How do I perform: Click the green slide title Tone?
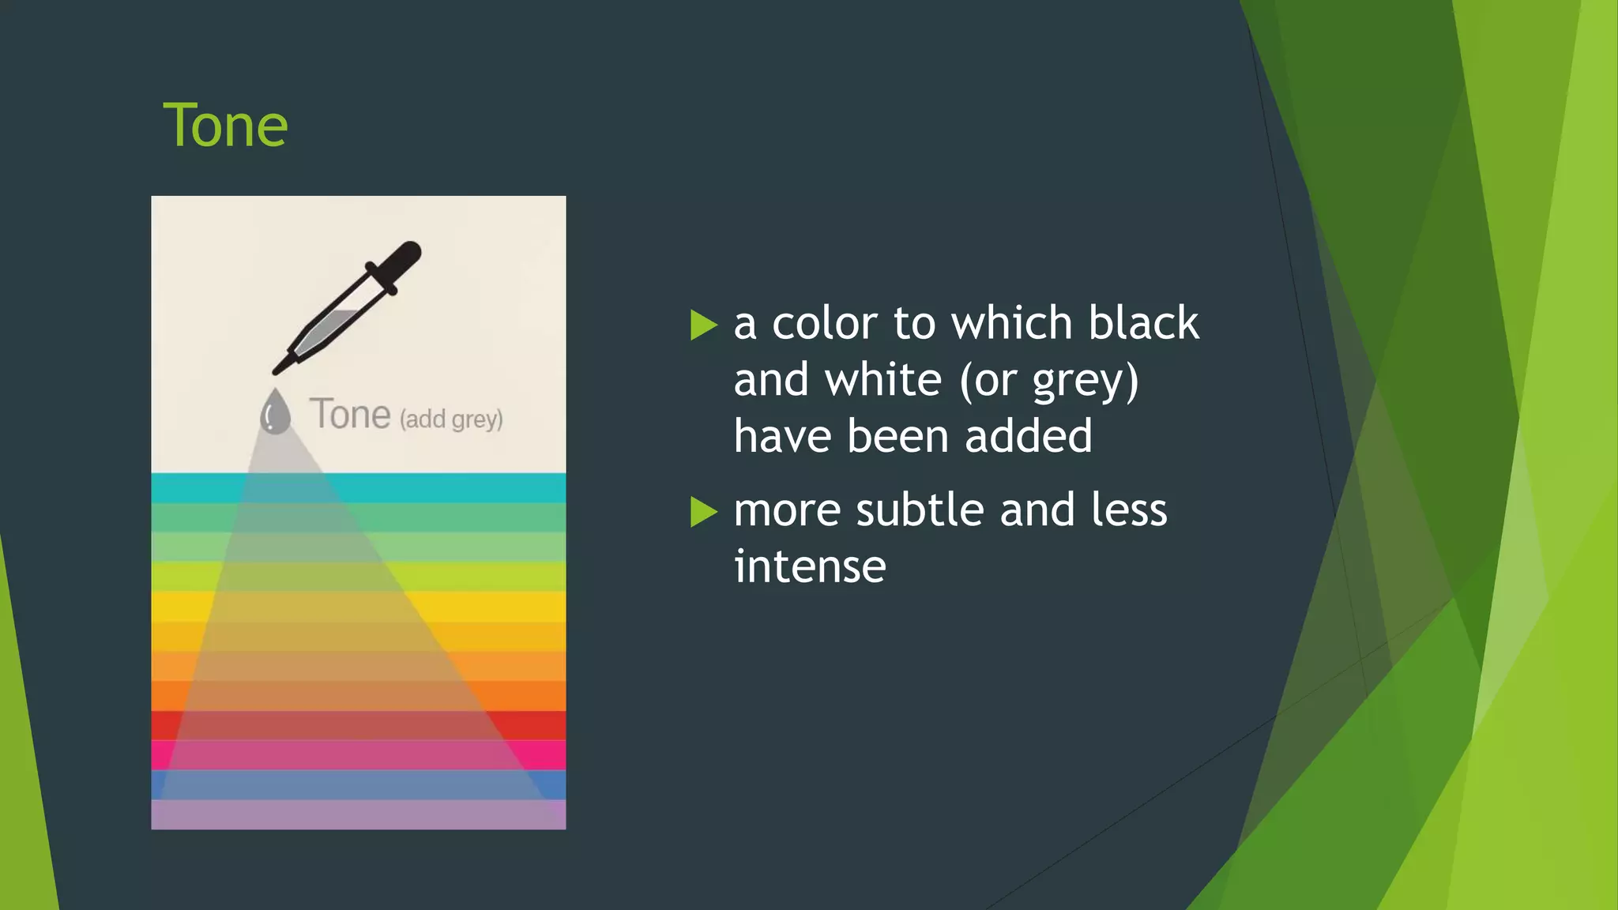pos(225,126)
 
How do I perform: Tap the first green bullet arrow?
pos(703,325)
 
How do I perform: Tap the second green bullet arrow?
pos(703,512)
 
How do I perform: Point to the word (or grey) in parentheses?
pos(1048,382)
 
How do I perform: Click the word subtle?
pos(920,510)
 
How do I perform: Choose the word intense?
pos(810,566)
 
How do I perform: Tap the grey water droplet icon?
pos(275,412)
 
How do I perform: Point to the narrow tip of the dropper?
pos(281,367)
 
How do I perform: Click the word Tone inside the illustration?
pos(350,414)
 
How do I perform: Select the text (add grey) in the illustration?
pos(451,419)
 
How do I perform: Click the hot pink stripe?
pos(545,755)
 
